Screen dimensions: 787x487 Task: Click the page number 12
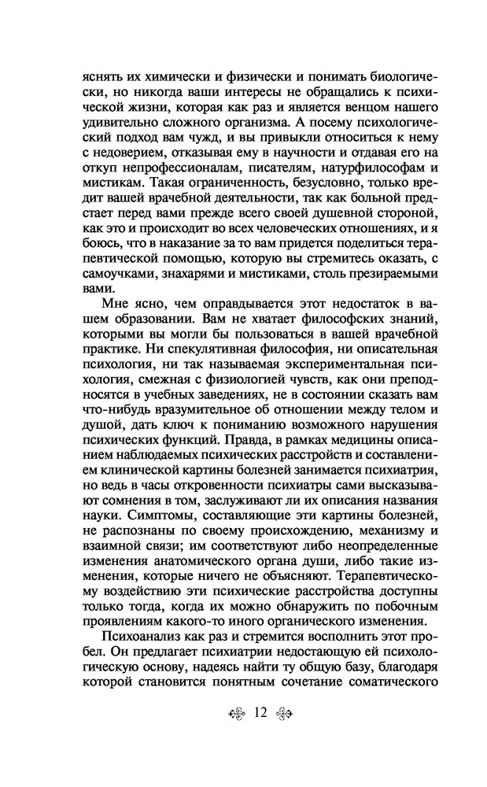click(261, 713)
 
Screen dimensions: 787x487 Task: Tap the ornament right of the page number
click(286, 714)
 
